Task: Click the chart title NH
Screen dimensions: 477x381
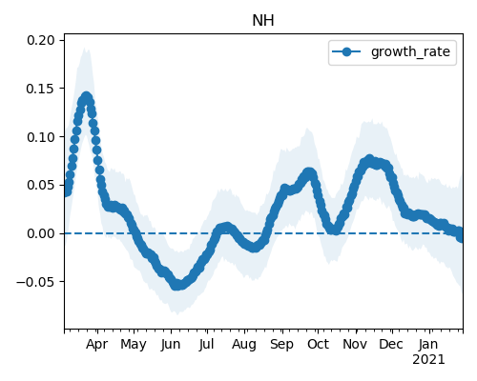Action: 263,21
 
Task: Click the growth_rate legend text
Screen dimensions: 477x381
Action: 410,51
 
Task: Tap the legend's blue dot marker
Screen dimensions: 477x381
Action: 346,51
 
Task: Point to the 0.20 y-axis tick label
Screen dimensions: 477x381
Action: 41,40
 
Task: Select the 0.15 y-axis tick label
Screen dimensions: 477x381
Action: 41,89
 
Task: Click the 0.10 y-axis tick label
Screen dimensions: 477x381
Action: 41,137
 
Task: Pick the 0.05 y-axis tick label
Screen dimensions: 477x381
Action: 41,185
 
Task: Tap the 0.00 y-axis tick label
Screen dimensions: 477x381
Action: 41,233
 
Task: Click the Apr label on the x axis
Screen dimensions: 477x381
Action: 97,344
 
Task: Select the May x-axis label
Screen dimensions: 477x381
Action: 134,345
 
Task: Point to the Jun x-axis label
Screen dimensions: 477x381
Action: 171,345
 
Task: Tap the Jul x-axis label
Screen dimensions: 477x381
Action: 206,344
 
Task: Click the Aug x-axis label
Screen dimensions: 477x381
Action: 244,345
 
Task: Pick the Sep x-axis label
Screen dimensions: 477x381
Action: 281,345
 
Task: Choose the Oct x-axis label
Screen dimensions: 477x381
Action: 318,344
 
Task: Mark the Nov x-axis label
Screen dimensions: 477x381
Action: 355,344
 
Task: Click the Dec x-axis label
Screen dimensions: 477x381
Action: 391,344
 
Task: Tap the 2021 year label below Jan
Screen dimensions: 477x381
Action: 428,360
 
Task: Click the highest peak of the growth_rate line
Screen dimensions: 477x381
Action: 87,96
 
